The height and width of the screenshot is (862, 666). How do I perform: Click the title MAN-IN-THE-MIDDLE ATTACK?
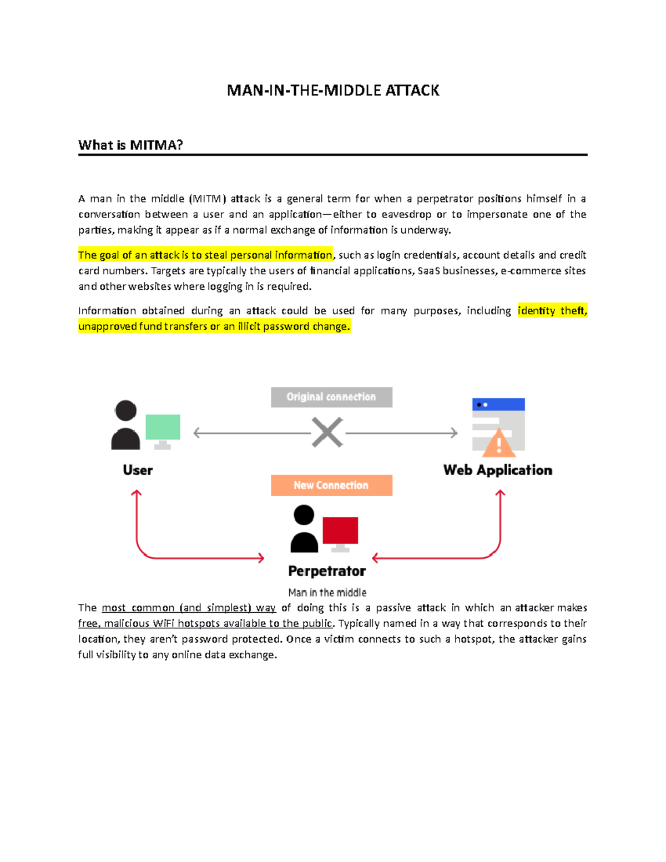click(x=333, y=90)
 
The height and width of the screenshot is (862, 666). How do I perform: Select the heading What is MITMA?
click(x=130, y=145)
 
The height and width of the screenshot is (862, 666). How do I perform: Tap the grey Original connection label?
click(x=331, y=397)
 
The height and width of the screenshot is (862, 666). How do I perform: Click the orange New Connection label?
click(x=331, y=485)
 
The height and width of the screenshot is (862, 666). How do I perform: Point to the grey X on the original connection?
click(x=327, y=432)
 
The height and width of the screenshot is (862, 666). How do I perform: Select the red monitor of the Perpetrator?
click(x=340, y=530)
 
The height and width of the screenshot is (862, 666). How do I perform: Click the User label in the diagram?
click(x=138, y=470)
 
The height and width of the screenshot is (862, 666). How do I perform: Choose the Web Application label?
click(x=498, y=470)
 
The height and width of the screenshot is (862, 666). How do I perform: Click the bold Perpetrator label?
click(x=327, y=571)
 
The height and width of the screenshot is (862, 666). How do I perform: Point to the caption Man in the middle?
click(x=327, y=592)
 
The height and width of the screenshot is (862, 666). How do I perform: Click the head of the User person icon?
click(x=126, y=410)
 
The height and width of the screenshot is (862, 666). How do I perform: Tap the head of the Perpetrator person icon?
click(x=304, y=515)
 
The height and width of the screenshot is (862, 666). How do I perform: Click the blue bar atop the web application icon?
click(x=498, y=405)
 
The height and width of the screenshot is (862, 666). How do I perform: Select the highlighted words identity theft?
click(x=552, y=310)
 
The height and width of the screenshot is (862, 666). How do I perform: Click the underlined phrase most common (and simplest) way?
click(x=189, y=608)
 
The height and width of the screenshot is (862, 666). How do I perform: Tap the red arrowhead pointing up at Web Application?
click(x=500, y=493)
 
